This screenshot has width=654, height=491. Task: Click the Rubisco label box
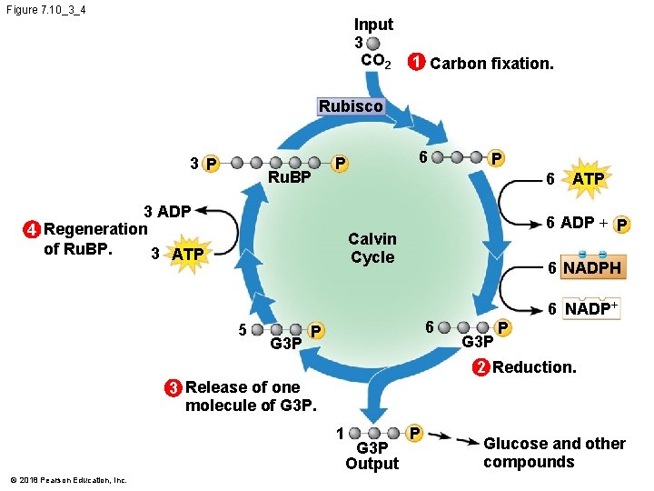351,106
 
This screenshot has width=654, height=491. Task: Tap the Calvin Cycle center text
372,248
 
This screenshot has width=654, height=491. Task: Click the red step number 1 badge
415,64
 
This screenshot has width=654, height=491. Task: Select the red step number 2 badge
481,367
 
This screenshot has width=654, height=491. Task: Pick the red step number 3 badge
173,387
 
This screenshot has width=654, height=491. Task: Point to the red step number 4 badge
32,229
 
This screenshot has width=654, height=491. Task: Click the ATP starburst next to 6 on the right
587,179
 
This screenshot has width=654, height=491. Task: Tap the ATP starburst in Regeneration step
187,253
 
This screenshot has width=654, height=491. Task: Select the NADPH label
591,269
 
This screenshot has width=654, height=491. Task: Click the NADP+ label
591,309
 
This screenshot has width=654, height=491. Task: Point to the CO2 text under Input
376,61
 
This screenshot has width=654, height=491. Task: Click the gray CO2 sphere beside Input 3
373,43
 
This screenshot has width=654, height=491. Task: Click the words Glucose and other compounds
554,453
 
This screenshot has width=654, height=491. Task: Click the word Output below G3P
372,464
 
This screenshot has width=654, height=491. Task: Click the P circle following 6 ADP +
623,225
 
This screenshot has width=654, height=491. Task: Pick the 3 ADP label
168,212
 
